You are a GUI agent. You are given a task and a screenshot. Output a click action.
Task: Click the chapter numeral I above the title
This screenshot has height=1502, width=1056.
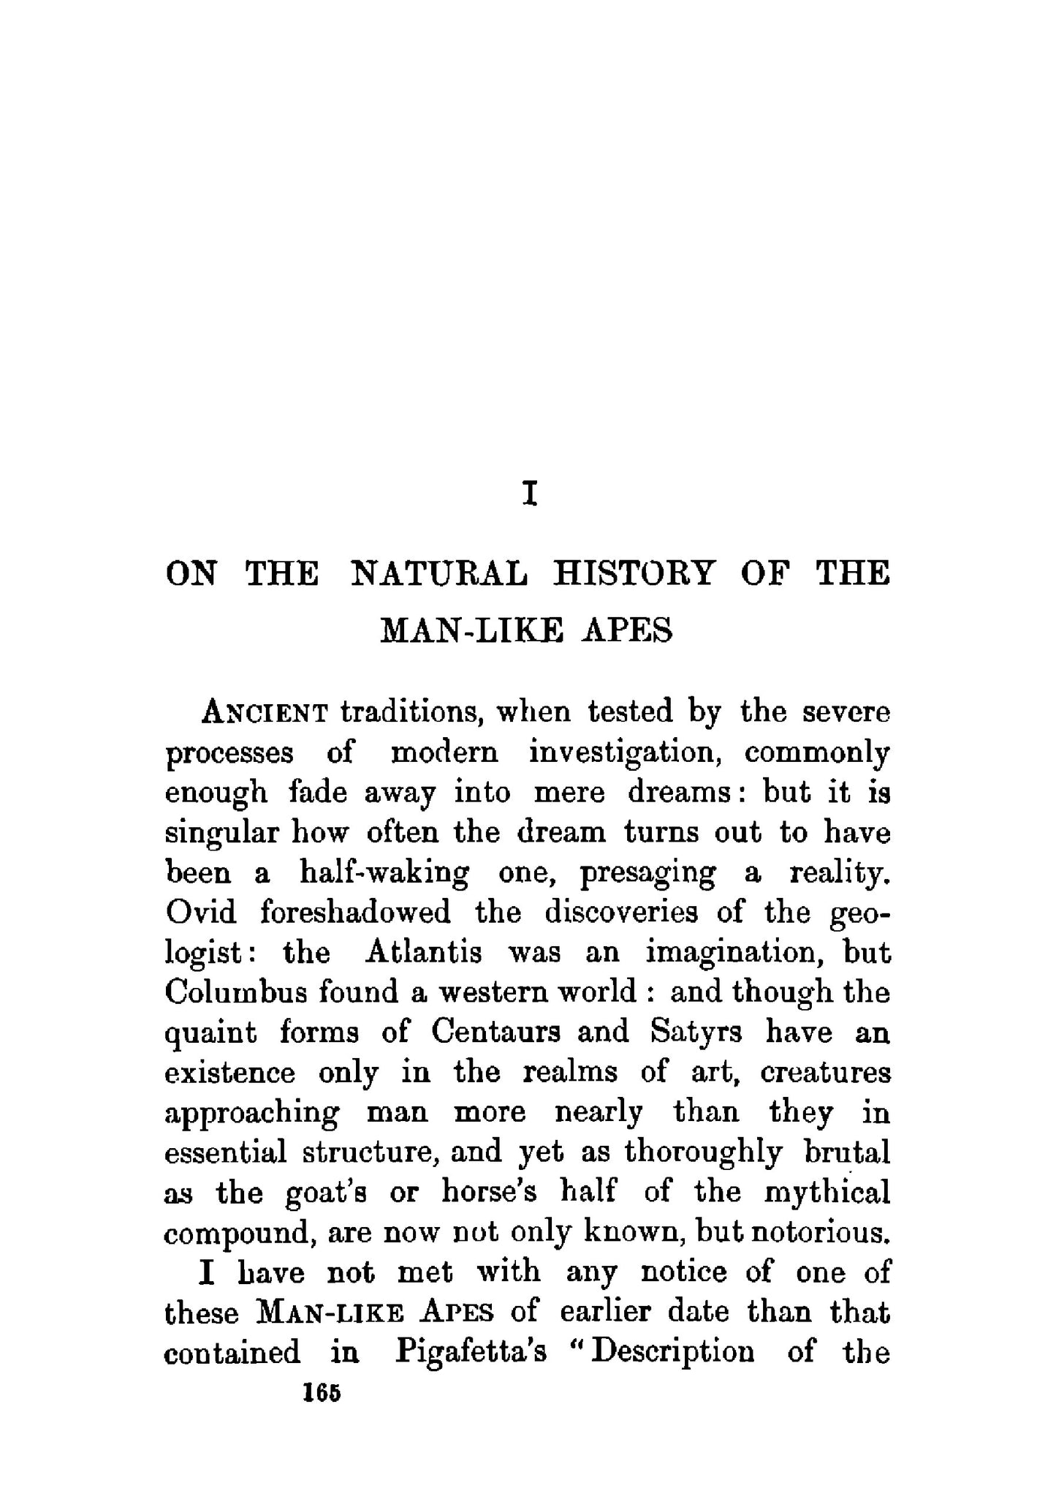(x=531, y=495)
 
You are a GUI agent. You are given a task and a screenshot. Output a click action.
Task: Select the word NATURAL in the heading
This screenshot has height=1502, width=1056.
(x=438, y=573)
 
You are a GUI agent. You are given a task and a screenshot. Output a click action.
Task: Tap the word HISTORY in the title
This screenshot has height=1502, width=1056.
(x=633, y=573)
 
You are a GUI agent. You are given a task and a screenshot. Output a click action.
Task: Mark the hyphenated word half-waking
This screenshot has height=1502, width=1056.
(x=384, y=872)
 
